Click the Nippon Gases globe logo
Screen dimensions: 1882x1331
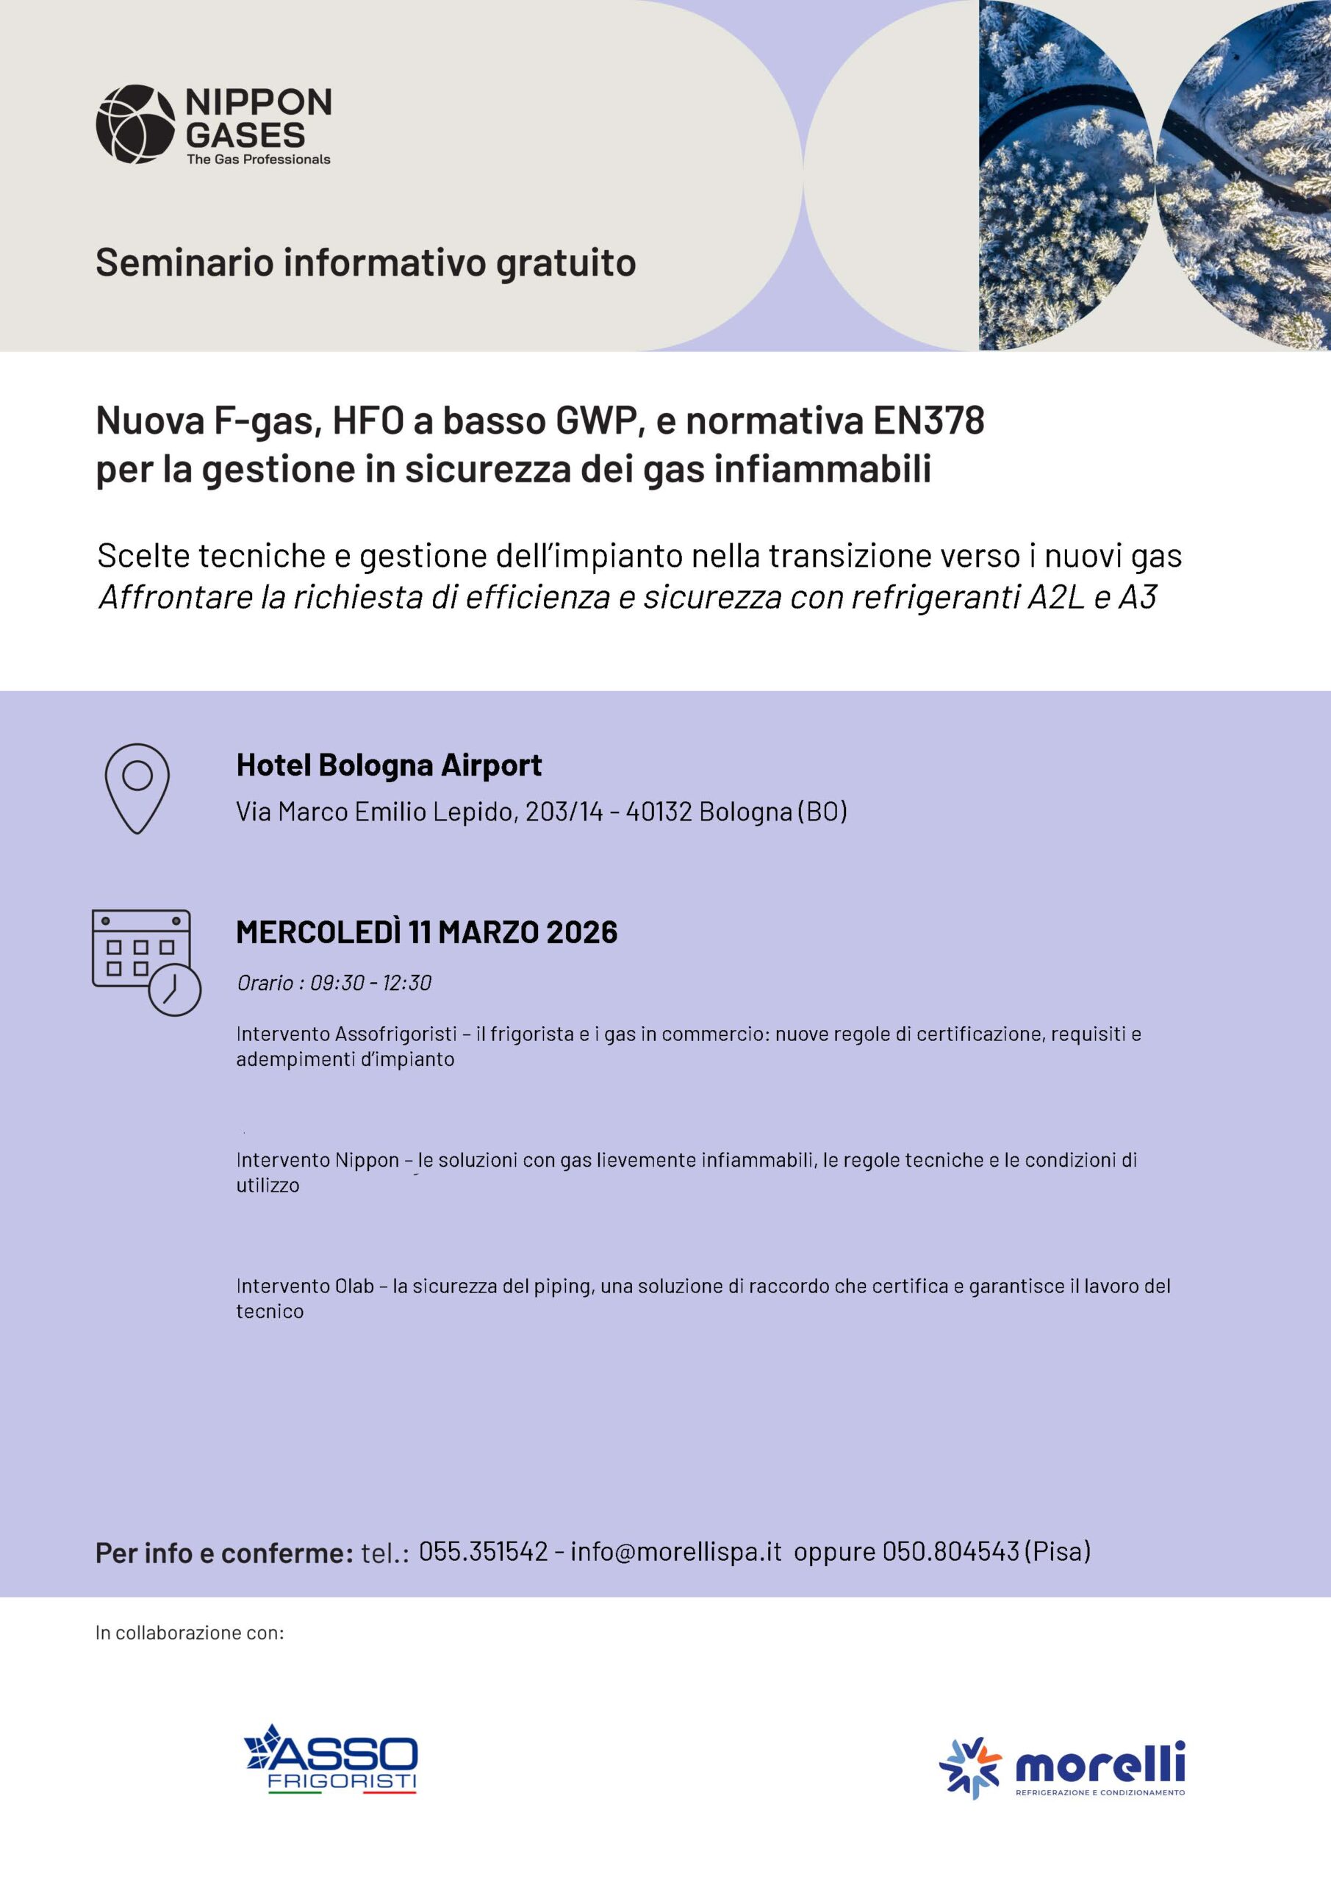point(135,124)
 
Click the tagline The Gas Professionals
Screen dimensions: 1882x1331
point(258,159)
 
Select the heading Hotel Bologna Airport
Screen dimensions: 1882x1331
point(389,765)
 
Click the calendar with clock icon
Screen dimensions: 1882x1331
point(146,962)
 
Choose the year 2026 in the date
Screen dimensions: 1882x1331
point(581,932)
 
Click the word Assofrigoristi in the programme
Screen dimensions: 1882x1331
point(396,1034)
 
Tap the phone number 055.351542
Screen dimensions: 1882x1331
point(483,1551)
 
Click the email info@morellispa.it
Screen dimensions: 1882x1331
point(676,1551)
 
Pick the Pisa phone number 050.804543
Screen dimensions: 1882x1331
point(950,1551)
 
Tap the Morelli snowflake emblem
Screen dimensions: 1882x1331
point(969,1768)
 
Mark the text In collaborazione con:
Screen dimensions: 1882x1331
point(190,1632)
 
